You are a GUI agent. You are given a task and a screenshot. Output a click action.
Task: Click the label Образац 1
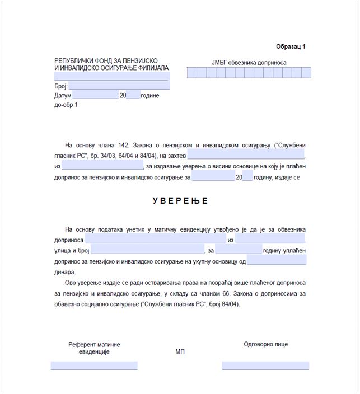pyautogui.click(x=291, y=47)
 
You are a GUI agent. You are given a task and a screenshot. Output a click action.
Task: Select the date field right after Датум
pyautogui.click(x=95, y=96)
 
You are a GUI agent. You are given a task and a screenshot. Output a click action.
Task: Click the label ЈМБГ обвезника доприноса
pyautogui.click(x=249, y=63)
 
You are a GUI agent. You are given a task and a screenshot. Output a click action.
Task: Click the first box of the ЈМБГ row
pyautogui.click(x=191, y=73)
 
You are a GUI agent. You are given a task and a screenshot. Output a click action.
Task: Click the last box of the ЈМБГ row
pyautogui.click(x=306, y=73)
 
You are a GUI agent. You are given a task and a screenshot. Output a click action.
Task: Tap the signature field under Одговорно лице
pyautogui.click(x=265, y=365)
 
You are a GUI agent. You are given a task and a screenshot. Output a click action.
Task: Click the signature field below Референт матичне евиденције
pyautogui.click(x=94, y=365)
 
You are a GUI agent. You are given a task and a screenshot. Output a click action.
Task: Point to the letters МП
pyautogui.click(x=180, y=351)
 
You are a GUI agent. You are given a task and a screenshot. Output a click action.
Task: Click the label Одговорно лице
pyautogui.click(x=266, y=344)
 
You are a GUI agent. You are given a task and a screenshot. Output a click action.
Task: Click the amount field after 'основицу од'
pyautogui.click(x=277, y=261)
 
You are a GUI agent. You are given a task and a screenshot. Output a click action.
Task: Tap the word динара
pyautogui.click(x=65, y=271)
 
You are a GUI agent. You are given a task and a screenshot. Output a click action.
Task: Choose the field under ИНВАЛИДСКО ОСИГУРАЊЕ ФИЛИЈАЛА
pyautogui.click(x=111, y=77)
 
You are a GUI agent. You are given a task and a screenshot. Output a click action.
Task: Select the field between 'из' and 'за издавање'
pyautogui.click(x=102, y=166)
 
